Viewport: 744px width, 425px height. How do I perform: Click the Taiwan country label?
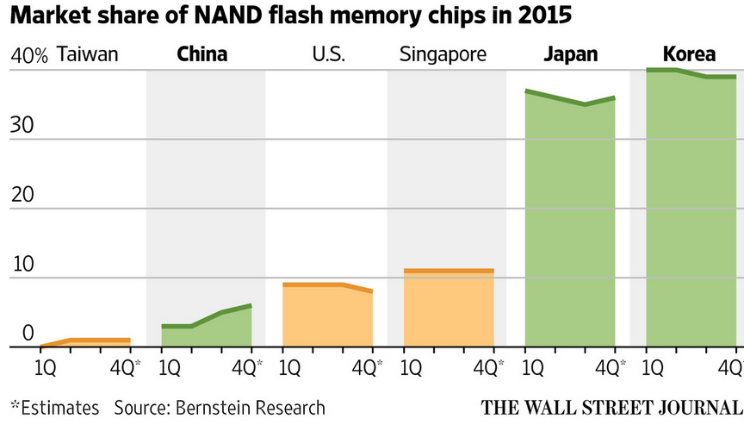[87, 55]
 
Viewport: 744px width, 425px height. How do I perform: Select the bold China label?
[202, 55]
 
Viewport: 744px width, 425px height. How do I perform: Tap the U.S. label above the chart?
[328, 55]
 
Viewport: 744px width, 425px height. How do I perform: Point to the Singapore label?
[443, 55]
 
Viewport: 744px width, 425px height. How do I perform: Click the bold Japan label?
[570, 55]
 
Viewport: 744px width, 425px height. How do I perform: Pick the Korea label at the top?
[690, 55]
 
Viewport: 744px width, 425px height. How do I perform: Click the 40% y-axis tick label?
[29, 57]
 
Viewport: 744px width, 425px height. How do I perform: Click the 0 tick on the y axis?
[28, 334]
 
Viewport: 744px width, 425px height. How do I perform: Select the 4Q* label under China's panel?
[247, 366]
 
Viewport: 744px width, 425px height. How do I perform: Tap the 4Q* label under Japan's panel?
[611, 366]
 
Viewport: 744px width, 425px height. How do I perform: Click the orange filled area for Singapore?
[449, 310]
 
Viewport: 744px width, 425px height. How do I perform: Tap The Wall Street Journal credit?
[611, 407]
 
